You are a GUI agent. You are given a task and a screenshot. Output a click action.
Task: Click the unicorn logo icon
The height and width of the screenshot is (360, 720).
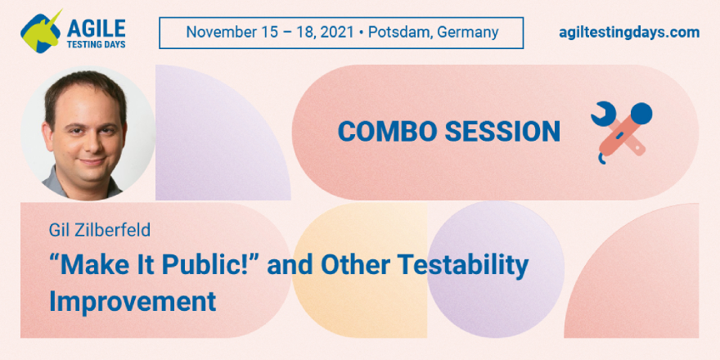pyautogui.click(x=41, y=31)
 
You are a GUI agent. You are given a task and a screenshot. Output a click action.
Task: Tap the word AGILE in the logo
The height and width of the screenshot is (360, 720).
pyautogui.click(x=96, y=29)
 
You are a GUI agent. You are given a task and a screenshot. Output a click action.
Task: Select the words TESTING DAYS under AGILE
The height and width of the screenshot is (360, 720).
pyautogui.click(x=97, y=44)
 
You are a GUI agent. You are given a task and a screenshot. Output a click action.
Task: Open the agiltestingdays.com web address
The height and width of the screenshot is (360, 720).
pyautogui.click(x=629, y=33)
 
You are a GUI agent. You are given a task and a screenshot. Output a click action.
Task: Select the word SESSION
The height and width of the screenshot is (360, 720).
pyautogui.click(x=502, y=132)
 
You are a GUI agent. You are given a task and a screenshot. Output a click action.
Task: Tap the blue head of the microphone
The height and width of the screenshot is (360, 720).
pyautogui.click(x=641, y=113)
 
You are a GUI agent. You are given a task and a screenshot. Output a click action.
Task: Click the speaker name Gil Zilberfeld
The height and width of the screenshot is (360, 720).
pyautogui.click(x=100, y=230)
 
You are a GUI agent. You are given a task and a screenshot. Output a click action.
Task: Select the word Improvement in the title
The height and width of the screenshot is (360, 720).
pyautogui.click(x=133, y=301)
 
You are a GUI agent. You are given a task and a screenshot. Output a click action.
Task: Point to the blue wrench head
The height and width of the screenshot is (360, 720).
pyautogui.click(x=602, y=114)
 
